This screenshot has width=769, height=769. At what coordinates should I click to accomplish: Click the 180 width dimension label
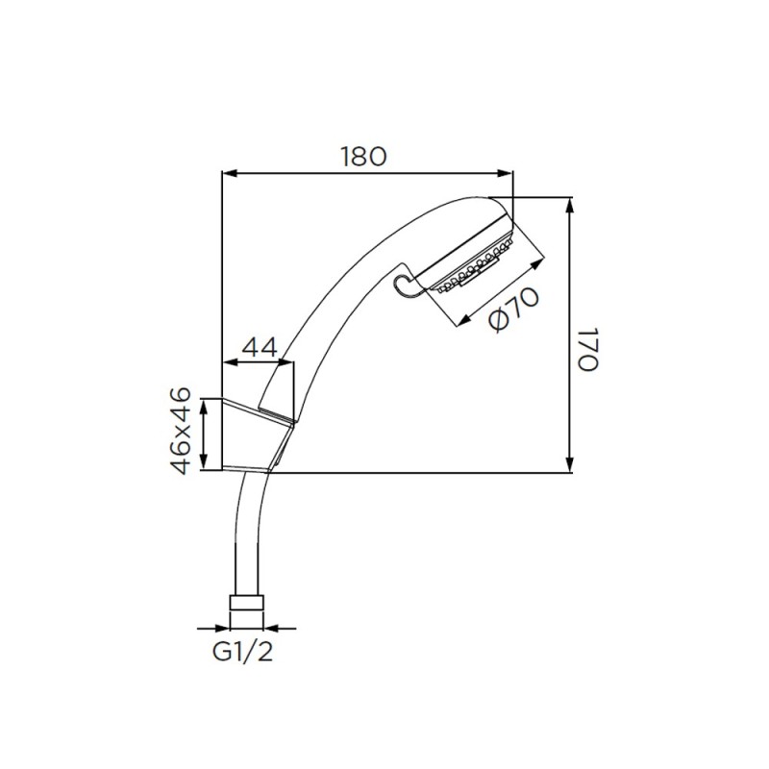[364, 157]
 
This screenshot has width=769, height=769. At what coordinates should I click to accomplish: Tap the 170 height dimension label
[587, 349]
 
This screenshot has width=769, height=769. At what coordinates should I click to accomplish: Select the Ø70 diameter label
[514, 310]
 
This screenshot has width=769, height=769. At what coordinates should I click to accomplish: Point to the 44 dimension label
[260, 348]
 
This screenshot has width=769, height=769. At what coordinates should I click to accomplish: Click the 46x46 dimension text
[181, 431]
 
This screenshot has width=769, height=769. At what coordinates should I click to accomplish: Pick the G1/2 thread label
[242, 652]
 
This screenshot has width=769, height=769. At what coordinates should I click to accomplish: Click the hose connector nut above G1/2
[246, 603]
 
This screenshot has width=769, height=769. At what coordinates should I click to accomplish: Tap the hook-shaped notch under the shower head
[405, 285]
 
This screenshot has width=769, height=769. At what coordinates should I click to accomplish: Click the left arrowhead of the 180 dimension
[230, 173]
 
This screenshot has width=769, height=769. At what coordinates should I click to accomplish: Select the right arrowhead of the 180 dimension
[506, 173]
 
